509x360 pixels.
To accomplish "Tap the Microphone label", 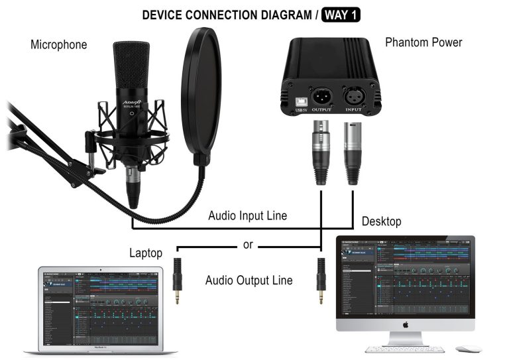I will pyautogui.click(x=58, y=45).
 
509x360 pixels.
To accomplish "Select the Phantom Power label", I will pyautogui.click(x=424, y=42).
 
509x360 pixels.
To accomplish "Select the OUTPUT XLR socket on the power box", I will pyautogui.click(x=322, y=94).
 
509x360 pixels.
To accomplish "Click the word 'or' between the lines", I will pyautogui.click(x=248, y=245).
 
